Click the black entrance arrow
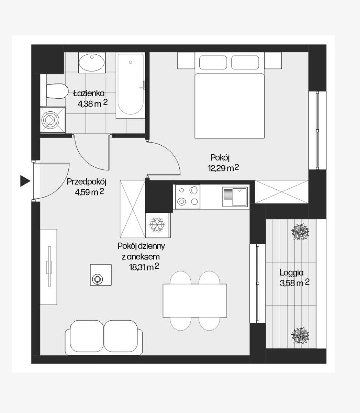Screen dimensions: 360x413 click(x=25, y=181)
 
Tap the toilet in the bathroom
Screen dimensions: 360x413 click(x=55, y=91)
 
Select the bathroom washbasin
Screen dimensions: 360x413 click(x=92, y=63)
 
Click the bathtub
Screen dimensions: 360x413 click(x=131, y=85)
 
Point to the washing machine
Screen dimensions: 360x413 click(x=53, y=120)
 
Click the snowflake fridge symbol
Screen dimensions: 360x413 click(x=157, y=225)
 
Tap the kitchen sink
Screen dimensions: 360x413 click(x=235, y=197)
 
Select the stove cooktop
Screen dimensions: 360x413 click(x=188, y=196)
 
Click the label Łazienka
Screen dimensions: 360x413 click(x=89, y=93)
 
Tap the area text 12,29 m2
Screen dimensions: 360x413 click(x=223, y=168)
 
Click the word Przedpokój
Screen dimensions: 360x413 click(x=86, y=182)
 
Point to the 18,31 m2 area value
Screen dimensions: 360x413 click(x=144, y=267)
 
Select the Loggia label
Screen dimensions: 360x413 click(x=292, y=273)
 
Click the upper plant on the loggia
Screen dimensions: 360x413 click(x=300, y=232)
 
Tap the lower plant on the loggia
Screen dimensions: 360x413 click(x=300, y=335)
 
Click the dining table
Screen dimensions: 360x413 click(x=195, y=301)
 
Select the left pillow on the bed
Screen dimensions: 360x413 click(x=213, y=62)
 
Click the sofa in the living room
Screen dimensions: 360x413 click(x=104, y=338)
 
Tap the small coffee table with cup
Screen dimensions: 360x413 click(x=101, y=275)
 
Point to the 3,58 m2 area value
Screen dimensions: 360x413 click(x=295, y=283)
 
